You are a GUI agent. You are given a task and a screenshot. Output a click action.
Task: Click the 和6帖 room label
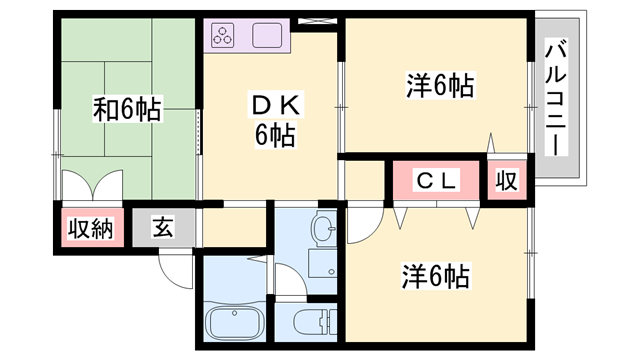click(x=127, y=109)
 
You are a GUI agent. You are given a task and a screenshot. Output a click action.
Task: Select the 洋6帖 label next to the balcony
click(x=439, y=86)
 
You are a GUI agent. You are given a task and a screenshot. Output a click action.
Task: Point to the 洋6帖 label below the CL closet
click(x=436, y=274)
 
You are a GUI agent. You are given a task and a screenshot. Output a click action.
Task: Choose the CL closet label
click(x=437, y=181)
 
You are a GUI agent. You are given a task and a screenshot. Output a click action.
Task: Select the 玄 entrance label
click(x=163, y=228)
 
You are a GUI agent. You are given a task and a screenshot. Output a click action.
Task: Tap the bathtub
click(x=236, y=326)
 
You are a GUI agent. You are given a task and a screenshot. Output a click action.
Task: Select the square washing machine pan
click(x=322, y=263)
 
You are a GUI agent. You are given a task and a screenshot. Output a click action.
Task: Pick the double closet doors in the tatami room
click(x=91, y=187)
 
